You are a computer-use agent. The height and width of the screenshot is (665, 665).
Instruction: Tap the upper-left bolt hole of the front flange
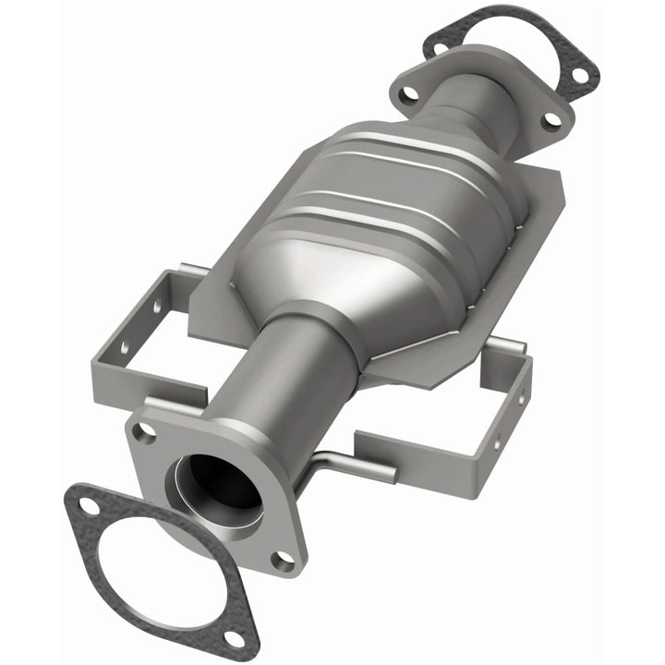(144, 430)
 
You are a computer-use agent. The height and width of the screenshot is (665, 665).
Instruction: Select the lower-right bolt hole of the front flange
(283, 558)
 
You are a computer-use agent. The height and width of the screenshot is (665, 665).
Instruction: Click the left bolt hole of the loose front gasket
(89, 505)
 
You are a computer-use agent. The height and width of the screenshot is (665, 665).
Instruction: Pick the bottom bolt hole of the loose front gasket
(236, 638)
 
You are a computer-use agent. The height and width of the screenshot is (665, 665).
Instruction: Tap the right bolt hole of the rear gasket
(578, 74)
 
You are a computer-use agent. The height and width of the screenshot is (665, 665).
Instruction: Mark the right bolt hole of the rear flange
(550, 120)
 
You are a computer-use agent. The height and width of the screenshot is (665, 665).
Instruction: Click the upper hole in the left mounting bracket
(156, 304)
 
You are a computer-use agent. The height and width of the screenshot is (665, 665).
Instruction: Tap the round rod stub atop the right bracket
(507, 345)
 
